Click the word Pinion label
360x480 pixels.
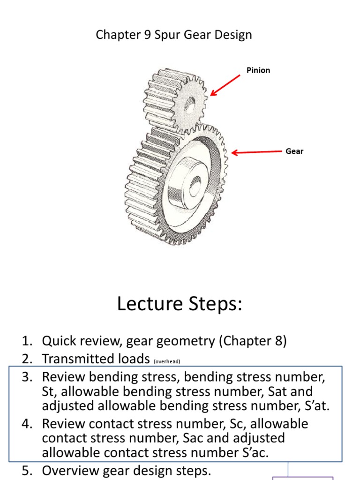click(x=258, y=70)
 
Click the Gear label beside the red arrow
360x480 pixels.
click(x=294, y=151)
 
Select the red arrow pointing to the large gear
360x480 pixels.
click(x=256, y=152)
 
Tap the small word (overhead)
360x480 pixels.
click(x=166, y=361)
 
